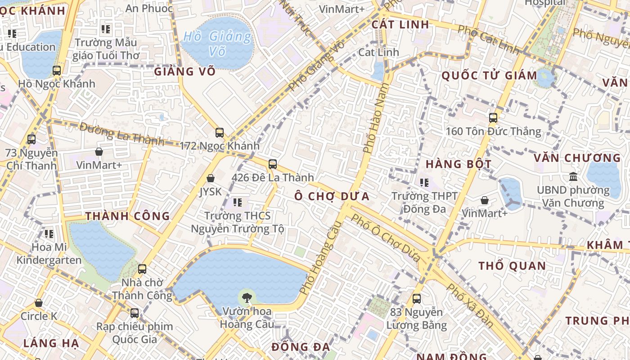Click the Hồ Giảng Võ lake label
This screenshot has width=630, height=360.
pyautogui.click(x=218, y=43)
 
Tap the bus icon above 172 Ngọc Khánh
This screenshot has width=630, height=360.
pyautogui.click(x=220, y=133)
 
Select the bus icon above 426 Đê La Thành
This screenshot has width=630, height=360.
pyautogui.click(x=273, y=164)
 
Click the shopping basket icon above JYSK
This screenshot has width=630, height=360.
pyautogui.click(x=210, y=179)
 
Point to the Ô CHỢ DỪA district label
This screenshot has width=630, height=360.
pyautogui.click(x=332, y=196)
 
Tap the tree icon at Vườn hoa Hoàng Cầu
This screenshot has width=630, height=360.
pyautogui.click(x=246, y=297)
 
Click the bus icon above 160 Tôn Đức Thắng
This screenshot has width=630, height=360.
pyautogui.click(x=493, y=118)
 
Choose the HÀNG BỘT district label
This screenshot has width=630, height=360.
pyautogui.click(x=459, y=164)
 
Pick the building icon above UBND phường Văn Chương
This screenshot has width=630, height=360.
pyautogui.click(x=573, y=176)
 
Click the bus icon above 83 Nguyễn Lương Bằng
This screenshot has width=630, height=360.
pyautogui.click(x=417, y=298)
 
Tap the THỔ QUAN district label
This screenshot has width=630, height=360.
pyautogui.click(x=512, y=265)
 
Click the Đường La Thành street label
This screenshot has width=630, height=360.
pyautogui.click(x=121, y=134)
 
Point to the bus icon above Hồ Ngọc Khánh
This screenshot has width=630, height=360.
pyautogui.click(x=57, y=71)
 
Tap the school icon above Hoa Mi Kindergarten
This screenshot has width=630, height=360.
pyautogui.click(x=49, y=234)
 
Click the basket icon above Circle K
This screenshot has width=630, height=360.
pyautogui.click(x=39, y=303)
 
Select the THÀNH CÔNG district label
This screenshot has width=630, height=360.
pyautogui.click(x=128, y=216)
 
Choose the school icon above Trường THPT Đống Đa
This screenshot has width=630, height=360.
pyautogui.click(x=424, y=183)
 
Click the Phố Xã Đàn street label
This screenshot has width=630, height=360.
pyautogui.click(x=471, y=306)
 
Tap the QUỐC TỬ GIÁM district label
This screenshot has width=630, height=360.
pyautogui.click(x=489, y=75)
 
